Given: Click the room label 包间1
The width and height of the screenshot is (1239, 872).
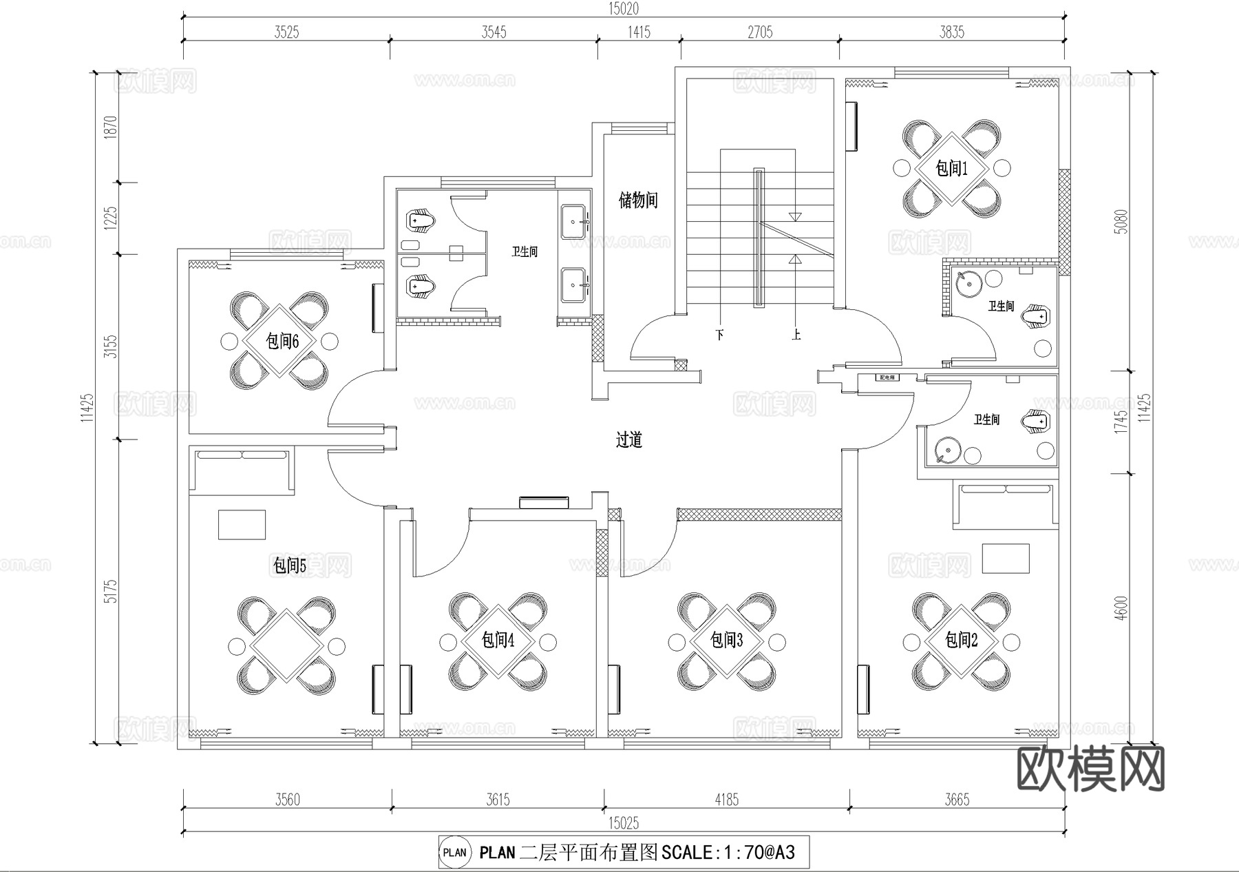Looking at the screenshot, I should coord(951,168).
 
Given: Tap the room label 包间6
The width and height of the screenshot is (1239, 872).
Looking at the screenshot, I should coord(282,341).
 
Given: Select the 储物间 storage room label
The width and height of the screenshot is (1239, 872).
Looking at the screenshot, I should coord(638,200).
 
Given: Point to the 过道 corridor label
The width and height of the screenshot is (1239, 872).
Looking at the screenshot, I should coord(628,439).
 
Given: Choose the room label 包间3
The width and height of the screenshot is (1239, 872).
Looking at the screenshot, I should coord(726,641).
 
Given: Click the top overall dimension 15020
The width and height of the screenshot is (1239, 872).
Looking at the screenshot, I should coord(623,8).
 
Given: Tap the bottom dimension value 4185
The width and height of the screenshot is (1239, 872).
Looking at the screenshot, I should coord(726,800).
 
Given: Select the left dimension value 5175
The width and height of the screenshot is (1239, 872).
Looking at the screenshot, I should coord(111,592).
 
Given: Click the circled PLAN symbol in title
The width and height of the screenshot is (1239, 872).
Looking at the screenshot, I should coord(454,853).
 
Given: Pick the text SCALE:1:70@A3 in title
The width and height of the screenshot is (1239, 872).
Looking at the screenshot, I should coord(728,853).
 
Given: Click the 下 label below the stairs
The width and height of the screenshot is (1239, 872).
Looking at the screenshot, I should coord(720,335).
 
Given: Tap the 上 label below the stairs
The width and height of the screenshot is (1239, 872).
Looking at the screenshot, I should coord(796,335).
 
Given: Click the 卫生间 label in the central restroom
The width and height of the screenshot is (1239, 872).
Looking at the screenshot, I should coord(524,251).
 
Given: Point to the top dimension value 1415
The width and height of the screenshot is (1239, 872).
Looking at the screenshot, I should coord(639,32).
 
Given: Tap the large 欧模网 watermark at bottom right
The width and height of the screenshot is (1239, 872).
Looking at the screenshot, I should coord(1090,770).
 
